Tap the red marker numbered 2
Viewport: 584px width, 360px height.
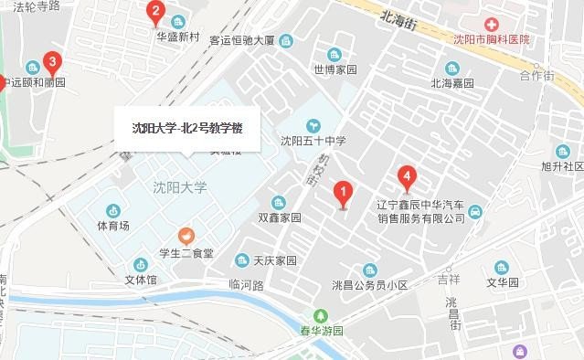pyautogui.click(x=155, y=13)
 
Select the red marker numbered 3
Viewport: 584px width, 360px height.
pyautogui.click(x=53, y=63)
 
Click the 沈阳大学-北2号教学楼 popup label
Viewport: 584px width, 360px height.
pyautogui.click(x=187, y=128)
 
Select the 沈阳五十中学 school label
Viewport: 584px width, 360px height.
pyautogui.click(x=313, y=140)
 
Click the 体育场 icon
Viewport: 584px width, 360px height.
pyautogui.click(x=113, y=211)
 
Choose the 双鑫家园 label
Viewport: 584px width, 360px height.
pyautogui.click(x=280, y=218)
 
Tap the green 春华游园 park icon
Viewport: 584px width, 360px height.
pyautogui.click(x=319, y=313)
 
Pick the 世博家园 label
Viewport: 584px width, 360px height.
pyautogui.click(x=334, y=69)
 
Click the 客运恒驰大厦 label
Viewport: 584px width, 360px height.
pyautogui.click(x=243, y=41)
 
